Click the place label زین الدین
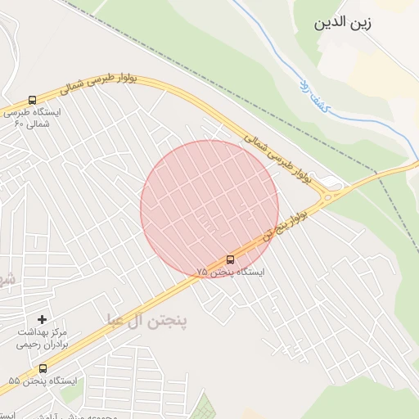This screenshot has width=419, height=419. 343,23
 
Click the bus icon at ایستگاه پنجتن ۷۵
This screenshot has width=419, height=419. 229,259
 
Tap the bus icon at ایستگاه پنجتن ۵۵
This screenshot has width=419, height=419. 43,368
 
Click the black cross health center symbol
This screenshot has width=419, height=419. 43,318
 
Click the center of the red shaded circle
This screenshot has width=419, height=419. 209,209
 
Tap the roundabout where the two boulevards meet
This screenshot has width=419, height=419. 331,195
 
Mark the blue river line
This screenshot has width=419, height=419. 286,65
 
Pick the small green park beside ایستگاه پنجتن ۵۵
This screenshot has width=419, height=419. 71,394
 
